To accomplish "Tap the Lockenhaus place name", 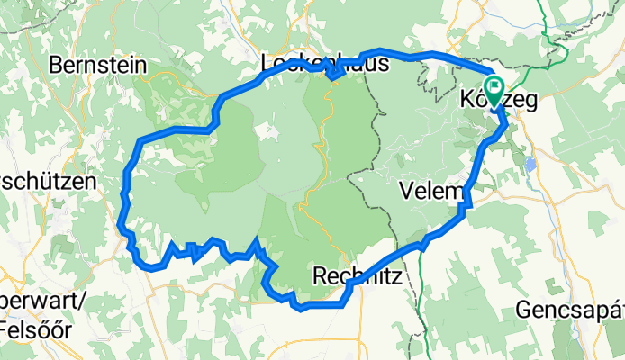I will click(x=324, y=65).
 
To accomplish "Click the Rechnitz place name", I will click(x=359, y=274).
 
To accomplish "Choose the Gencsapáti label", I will click(x=569, y=310).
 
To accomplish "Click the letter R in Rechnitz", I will click(x=320, y=274).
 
